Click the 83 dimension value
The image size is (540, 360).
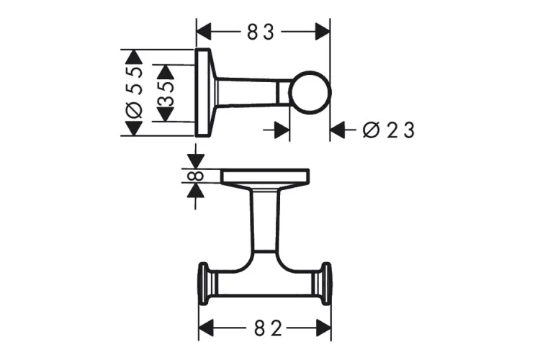pyautogui.click(x=264, y=32)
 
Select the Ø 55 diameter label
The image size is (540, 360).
pyautogui.click(x=135, y=92)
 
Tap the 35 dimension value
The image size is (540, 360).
pyautogui.click(x=166, y=92)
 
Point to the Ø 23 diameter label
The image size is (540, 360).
pyautogui.click(x=390, y=130)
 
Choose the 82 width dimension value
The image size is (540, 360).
pyautogui.click(x=264, y=328)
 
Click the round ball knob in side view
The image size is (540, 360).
pyautogui.click(x=310, y=94)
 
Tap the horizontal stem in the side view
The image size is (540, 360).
pyautogui.click(x=252, y=92)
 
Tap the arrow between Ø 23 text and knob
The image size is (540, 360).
pyautogui.click(x=341, y=130)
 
